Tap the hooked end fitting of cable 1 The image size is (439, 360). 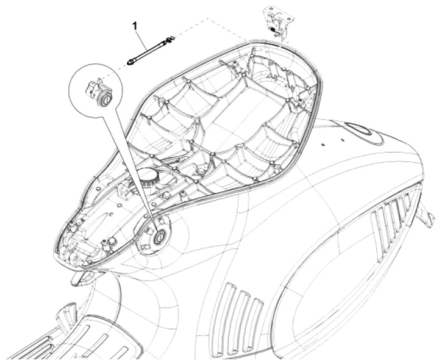(171, 40)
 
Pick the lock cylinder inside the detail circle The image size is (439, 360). (105, 98)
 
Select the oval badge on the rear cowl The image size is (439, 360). (359, 130)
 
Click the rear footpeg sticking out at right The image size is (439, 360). (427, 215)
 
